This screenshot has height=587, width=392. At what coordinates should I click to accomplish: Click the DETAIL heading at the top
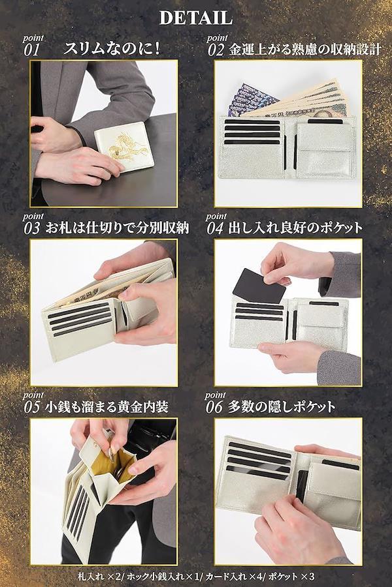pyautogui.click(x=195, y=18)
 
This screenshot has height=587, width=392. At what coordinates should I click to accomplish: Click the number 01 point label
pyautogui.click(x=32, y=50)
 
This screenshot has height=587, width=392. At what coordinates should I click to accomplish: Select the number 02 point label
pyautogui.click(x=216, y=50)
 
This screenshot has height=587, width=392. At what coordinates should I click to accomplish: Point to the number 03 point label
pyautogui.click(x=32, y=228)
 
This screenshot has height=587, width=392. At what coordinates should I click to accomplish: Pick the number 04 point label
pyautogui.click(x=216, y=228)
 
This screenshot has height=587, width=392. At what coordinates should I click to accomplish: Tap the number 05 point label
pyautogui.click(x=32, y=407)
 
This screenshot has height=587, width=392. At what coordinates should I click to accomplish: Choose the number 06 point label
pyautogui.click(x=216, y=407)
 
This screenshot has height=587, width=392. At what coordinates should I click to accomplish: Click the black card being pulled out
pyautogui.click(x=259, y=285)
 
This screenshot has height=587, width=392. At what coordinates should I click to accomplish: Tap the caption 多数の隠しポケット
pyautogui.click(x=282, y=407)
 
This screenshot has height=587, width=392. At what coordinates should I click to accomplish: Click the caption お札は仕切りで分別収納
pyautogui.click(x=117, y=228)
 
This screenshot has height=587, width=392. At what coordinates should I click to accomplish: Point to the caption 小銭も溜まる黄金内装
pyautogui.click(x=107, y=407)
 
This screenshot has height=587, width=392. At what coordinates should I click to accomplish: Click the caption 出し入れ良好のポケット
pyautogui.click(x=295, y=228)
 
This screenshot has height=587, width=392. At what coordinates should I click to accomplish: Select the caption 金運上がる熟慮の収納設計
pyautogui.click(x=304, y=50)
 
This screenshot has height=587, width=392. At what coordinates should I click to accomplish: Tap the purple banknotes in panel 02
pyautogui.click(x=251, y=99)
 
